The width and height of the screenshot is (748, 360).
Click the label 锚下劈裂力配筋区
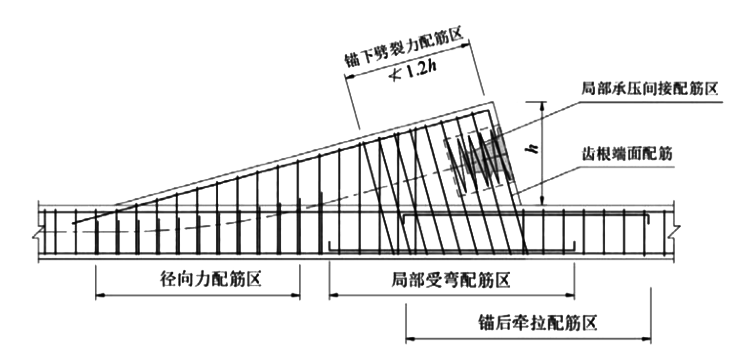tap(405, 48)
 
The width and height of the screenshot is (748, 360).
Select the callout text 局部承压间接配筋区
tap(650, 89)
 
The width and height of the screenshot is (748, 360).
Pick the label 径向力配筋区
tap(211, 279)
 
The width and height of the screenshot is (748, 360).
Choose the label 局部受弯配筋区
tap(451, 279)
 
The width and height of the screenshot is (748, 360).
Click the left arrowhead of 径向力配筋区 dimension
tap(100, 295)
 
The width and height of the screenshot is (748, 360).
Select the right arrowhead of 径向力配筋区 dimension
tap(296, 295)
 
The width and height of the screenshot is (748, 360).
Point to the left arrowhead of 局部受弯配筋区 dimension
tap(333, 295)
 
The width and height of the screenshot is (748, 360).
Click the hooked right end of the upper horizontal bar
tap(647, 219)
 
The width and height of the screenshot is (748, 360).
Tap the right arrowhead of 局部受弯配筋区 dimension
tap(570, 295)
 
